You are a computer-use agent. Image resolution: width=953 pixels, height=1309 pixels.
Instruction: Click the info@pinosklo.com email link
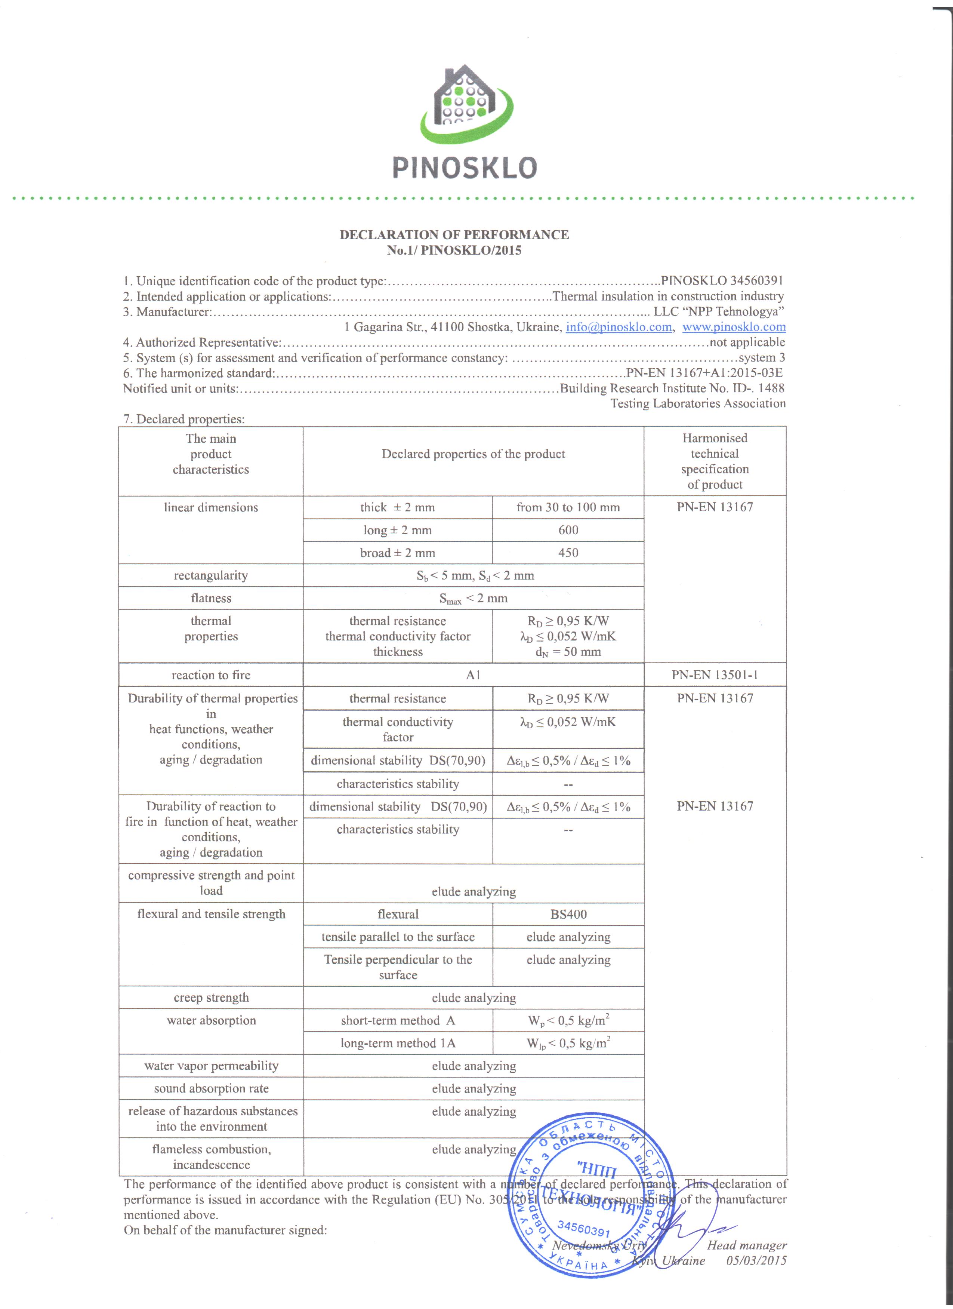tap(619, 327)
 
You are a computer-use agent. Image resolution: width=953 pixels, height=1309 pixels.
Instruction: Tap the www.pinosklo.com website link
tap(734, 327)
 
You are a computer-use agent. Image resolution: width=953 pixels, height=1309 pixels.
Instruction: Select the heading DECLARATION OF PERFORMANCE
tap(454, 234)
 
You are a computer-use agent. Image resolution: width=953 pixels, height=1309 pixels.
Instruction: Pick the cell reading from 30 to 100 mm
tap(568, 507)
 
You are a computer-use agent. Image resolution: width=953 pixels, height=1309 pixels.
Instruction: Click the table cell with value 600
tap(568, 530)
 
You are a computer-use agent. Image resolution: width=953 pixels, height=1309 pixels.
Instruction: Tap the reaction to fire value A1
tap(473, 675)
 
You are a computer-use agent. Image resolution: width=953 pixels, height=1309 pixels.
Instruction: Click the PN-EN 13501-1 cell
tap(714, 675)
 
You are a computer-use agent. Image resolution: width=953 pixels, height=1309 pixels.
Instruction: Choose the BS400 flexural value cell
tap(568, 914)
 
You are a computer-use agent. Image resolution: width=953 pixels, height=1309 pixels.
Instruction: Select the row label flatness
tap(211, 599)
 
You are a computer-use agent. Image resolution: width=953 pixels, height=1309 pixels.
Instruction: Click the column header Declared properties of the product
tap(473, 454)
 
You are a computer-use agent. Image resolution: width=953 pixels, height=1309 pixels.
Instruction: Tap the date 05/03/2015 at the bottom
tap(756, 1260)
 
